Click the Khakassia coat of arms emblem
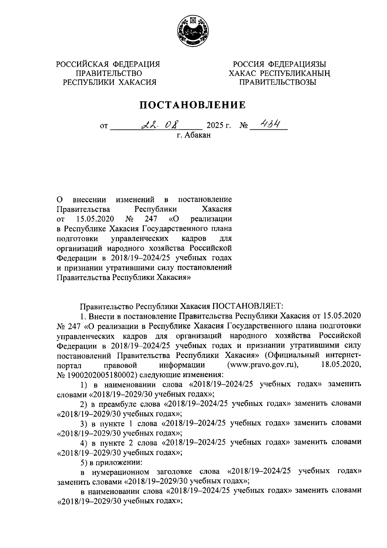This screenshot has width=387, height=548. [x=193, y=32]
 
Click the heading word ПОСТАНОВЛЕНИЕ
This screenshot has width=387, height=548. [x=193, y=105]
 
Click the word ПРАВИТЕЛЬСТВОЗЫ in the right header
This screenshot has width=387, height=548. [x=278, y=82]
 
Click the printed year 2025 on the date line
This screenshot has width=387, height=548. [x=215, y=126]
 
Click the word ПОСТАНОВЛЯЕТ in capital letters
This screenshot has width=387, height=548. [x=247, y=305]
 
